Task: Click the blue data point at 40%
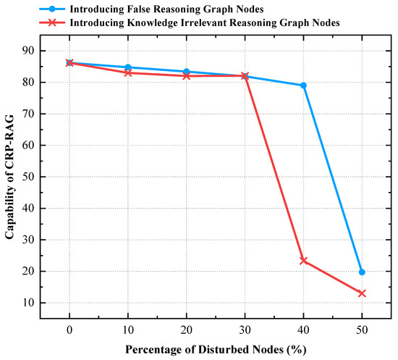303,85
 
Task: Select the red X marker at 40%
303,260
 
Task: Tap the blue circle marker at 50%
362,272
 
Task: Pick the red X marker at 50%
362,293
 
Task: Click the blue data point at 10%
128,67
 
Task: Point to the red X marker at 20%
187,75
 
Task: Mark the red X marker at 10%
128,72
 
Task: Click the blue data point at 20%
187,72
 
